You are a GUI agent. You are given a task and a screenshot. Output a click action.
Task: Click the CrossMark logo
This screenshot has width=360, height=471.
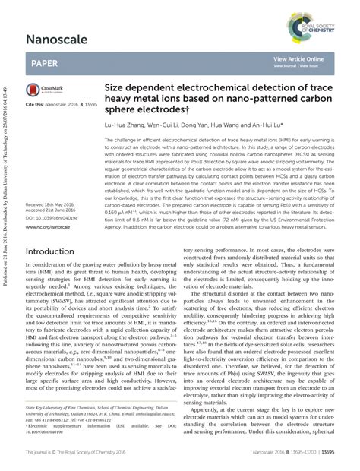coord(43,90)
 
